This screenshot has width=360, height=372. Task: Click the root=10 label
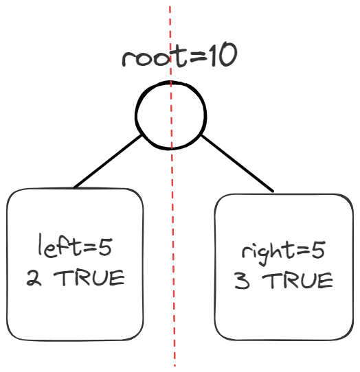pyautogui.click(x=179, y=56)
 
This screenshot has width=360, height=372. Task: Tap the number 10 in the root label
pyautogui.click(x=223, y=55)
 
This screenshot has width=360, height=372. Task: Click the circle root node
pyautogui.click(x=136, y=115)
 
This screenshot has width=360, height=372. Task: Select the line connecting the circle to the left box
pyautogui.click(x=108, y=161)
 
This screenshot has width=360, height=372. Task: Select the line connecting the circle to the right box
pyautogui.click(x=238, y=163)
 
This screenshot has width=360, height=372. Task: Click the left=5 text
pyautogui.click(x=75, y=246)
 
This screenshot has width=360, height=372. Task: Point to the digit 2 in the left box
pyautogui.click(x=34, y=278)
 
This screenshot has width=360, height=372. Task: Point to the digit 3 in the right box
pyautogui.click(x=242, y=281)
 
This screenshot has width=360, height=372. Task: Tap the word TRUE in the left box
pyautogui.click(x=89, y=278)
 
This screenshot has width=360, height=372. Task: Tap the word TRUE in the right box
pyautogui.click(x=297, y=281)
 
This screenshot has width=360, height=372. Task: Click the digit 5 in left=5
pyautogui.click(x=105, y=248)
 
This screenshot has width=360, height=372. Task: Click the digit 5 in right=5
pyautogui.click(x=317, y=251)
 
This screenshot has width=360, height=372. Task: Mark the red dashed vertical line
pyautogui.click(x=172, y=186)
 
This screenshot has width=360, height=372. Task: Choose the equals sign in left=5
pyautogui.click(x=90, y=248)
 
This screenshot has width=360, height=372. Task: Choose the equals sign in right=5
pyautogui.click(x=302, y=251)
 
